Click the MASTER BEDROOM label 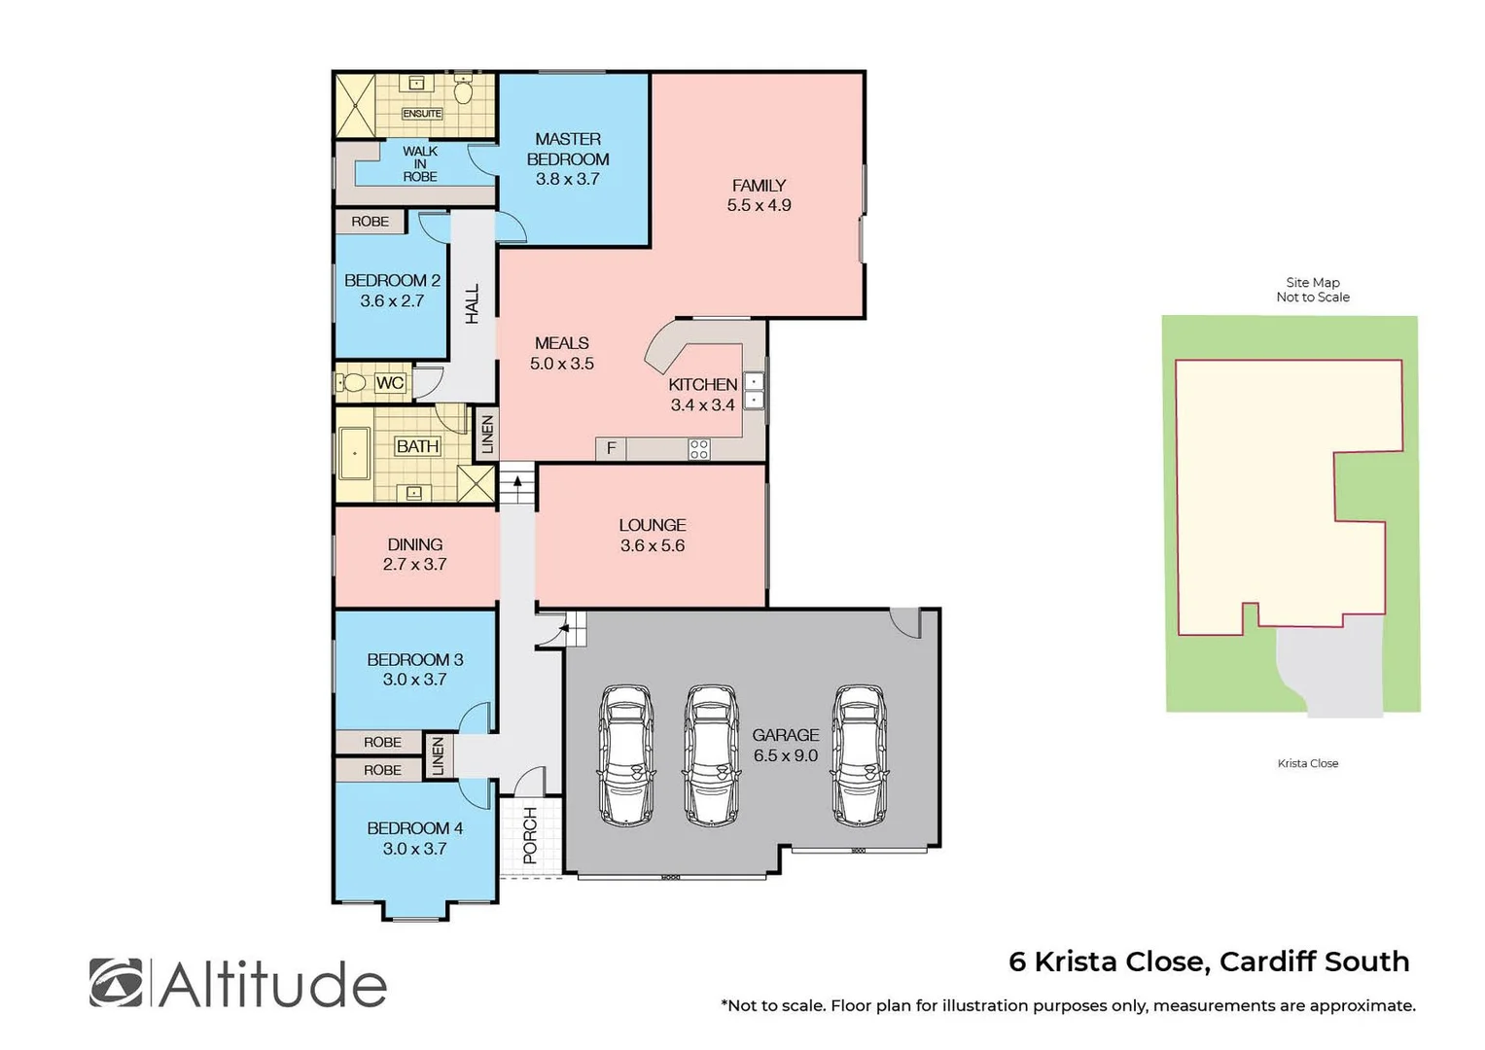tap(568, 149)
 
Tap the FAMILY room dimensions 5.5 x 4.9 tap(759, 205)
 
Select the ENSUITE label tap(422, 114)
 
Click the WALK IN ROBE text tap(420, 163)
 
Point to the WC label tap(389, 383)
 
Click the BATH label tap(417, 446)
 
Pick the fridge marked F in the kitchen tap(611, 448)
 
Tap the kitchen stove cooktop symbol tap(698, 449)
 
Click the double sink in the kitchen tap(754, 390)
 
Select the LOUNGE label tap(653, 525)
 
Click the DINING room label tap(415, 544)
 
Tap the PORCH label tap(530, 835)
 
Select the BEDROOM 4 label tap(415, 828)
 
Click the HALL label tap(473, 303)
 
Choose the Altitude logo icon tap(116, 983)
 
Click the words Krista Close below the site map tap(1308, 763)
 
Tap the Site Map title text tap(1313, 282)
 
